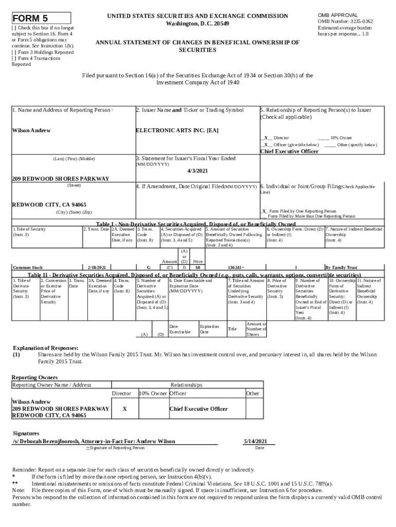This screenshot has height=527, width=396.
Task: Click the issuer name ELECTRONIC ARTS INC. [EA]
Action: pyautogui.click(x=177, y=130)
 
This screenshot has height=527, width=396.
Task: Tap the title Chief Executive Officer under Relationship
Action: pyautogui.click(x=296, y=151)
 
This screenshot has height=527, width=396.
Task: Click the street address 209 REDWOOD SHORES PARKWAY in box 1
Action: pyautogui.click(x=61, y=179)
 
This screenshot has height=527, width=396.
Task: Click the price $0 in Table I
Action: pyautogui.click(x=197, y=268)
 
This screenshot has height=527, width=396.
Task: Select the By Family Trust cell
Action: pyautogui.click(x=340, y=268)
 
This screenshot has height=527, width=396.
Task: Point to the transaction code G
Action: pyautogui.click(x=148, y=268)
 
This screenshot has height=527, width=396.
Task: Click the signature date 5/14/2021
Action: pyautogui.click(x=255, y=441)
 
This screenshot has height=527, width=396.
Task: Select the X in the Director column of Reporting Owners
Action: pyautogui.click(x=125, y=409)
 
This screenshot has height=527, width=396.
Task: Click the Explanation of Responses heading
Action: pyautogui.click(x=45, y=348)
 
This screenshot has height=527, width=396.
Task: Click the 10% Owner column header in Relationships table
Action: pyautogui.click(x=153, y=393)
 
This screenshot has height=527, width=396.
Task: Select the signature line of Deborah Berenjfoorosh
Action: pyautogui.click(x=94, y=441)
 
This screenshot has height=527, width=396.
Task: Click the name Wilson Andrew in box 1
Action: pyautogui.click(x=31, y=130)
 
